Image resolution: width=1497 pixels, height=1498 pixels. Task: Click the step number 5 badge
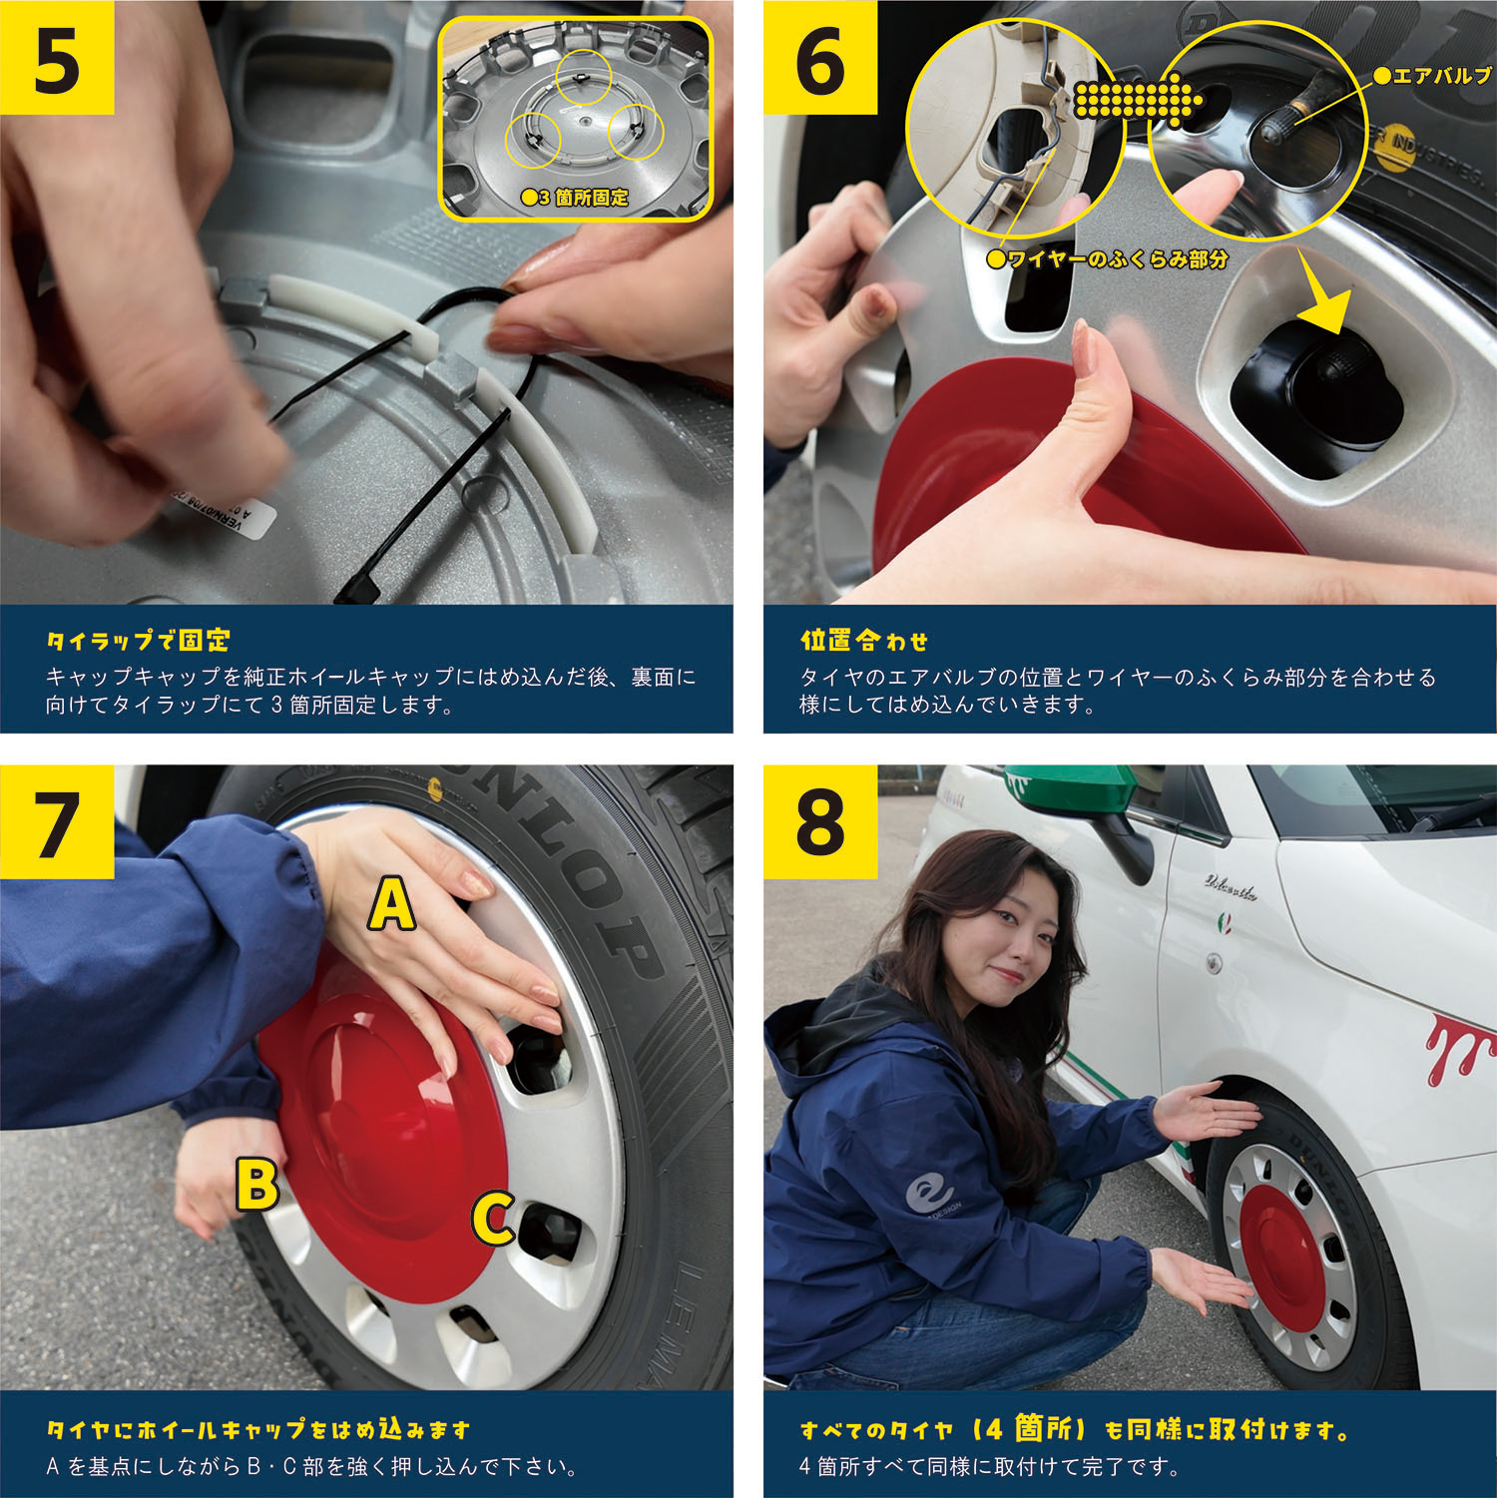click(57, 58)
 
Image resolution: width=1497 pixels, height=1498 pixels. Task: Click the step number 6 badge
click(820, 58)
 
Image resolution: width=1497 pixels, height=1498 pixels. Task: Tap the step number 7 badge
click(57, 822)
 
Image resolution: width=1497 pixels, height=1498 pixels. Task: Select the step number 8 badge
click(820, 822)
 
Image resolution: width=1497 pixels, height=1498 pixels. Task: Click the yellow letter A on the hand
click(392, 904)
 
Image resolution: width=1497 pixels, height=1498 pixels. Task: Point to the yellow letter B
click(256, 1184)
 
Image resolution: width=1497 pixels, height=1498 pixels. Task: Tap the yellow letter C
click(493, 1219)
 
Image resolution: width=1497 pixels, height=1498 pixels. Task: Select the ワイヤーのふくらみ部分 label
click(1108, 259)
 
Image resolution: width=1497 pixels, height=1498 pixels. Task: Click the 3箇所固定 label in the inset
click(576, 198)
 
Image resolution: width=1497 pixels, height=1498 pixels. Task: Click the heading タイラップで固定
click(139, 641)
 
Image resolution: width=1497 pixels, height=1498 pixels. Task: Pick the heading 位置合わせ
click(864, 641)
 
